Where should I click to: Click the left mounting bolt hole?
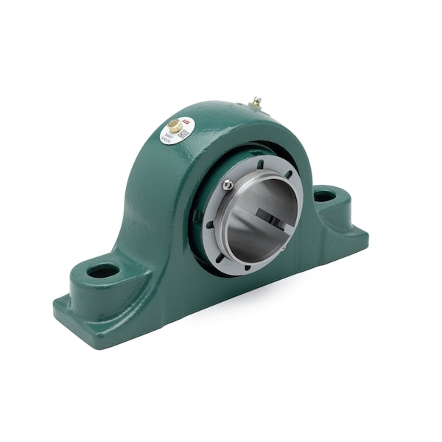tap(102, 270)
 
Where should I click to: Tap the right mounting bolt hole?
tap(324, 196)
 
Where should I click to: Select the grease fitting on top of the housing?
tap(256, 103)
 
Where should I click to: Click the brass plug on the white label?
tap(175, 125)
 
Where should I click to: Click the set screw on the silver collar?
tap(228, 185)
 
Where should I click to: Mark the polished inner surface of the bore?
tap(254, 228)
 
